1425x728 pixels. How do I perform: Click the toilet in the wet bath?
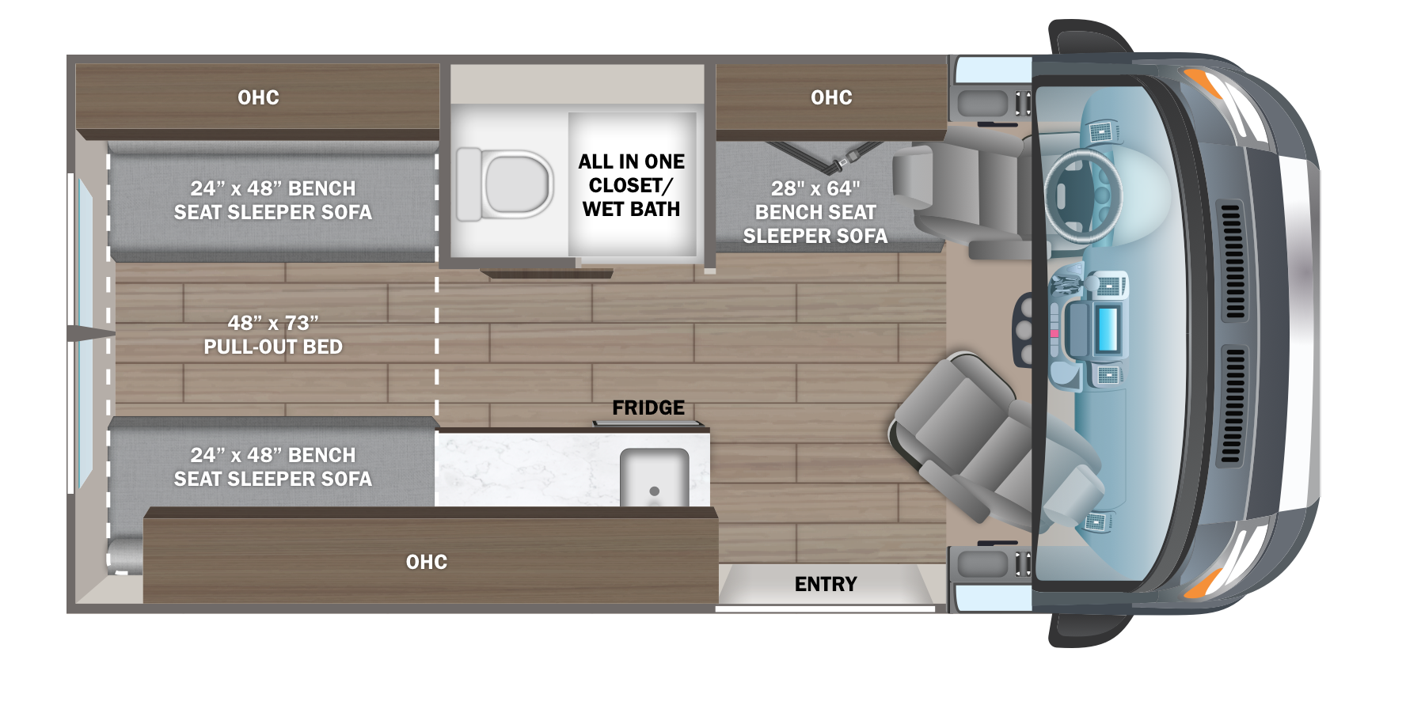click(x=505, y=184)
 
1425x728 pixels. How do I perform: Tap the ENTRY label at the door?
click(x=826, y=584)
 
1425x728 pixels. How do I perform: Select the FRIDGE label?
click(x=648, y=408)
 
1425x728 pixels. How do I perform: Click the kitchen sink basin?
click(x=654, y=477)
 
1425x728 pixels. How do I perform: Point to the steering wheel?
click(x=1084, y=195)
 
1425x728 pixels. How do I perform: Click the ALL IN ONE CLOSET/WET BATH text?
click(x=632, y=185)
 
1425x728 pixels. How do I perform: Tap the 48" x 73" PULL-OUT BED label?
click(x=273, y=335)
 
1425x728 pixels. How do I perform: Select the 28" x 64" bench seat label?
click(x=815, y=212)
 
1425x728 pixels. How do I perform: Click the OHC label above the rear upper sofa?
click(x=259, y=97)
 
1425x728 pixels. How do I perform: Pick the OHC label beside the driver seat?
click(x=831, y=97)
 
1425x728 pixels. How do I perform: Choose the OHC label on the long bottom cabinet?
click(x=427, y=562)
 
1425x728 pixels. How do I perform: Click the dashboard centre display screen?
click(x=1108, y=329)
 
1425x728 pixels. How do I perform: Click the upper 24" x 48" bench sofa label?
click(x=273, y=200)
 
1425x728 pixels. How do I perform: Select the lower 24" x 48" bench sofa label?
click(x=273, y=467)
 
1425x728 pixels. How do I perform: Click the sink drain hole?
click(x=654, y=491)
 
